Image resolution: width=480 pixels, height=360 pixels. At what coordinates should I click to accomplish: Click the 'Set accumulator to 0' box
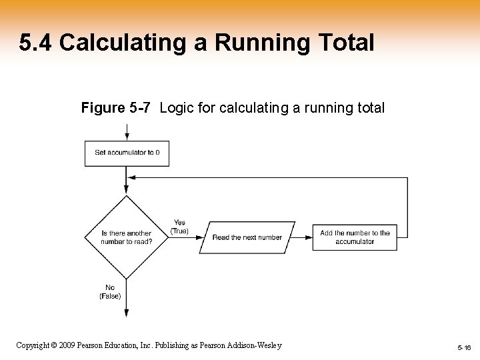coord(127,153)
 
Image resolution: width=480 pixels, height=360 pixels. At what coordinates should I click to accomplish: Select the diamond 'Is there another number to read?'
coord(126,237)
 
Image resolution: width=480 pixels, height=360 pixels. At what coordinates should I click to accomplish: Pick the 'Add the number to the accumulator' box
coord(355,237)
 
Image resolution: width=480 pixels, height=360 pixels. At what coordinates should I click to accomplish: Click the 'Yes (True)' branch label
coord(179,227)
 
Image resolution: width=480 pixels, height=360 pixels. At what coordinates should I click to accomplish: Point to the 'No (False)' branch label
coord(110,292)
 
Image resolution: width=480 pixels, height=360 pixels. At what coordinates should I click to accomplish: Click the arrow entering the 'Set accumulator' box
coord(127,133)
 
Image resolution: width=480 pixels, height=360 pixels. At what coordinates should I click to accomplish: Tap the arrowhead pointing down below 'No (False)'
coord(127,311)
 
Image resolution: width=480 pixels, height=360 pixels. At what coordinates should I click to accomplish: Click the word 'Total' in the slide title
coord(344,43)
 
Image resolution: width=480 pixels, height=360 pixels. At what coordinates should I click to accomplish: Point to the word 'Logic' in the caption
coord(175,107)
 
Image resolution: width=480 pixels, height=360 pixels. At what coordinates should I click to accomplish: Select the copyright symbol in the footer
coord(55,345)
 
